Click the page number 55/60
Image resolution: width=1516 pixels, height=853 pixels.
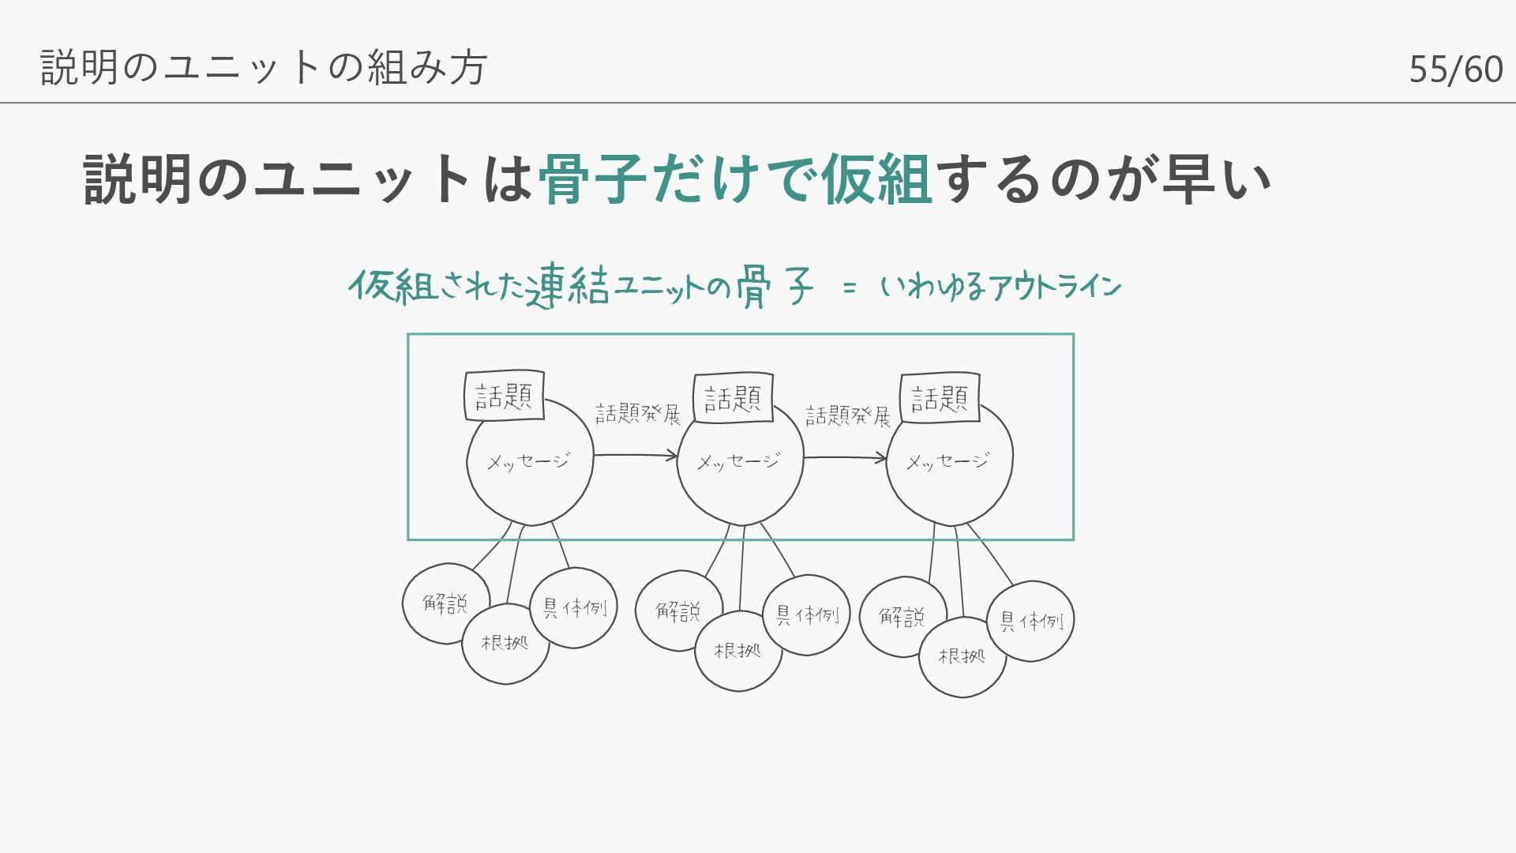1455,70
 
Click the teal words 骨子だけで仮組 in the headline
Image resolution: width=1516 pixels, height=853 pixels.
734,178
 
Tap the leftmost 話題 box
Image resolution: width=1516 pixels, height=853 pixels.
504,395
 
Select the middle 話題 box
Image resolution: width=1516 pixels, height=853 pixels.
733,397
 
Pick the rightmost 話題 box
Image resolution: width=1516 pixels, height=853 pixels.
940,397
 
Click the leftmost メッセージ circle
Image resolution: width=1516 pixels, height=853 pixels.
529,474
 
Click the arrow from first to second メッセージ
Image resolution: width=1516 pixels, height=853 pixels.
636,455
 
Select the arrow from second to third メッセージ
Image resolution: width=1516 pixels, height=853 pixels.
845,457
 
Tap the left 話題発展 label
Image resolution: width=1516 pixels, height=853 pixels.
637,414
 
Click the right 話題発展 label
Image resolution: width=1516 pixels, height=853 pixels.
847,415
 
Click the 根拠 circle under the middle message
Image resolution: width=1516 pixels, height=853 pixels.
738,651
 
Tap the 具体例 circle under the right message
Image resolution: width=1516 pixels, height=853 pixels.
1031,622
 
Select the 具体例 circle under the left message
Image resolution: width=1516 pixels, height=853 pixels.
574,607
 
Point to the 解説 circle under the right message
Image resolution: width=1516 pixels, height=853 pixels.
902,616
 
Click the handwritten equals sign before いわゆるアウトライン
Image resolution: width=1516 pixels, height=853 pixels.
849,288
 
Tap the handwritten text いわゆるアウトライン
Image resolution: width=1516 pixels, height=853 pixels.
1000,287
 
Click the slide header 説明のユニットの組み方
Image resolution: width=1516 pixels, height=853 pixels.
264,67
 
